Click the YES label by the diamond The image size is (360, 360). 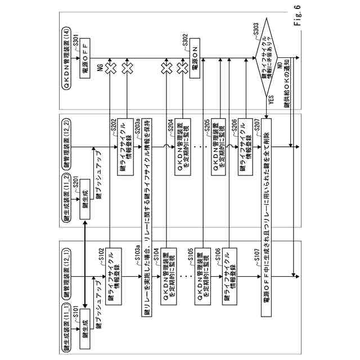(272, 102)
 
